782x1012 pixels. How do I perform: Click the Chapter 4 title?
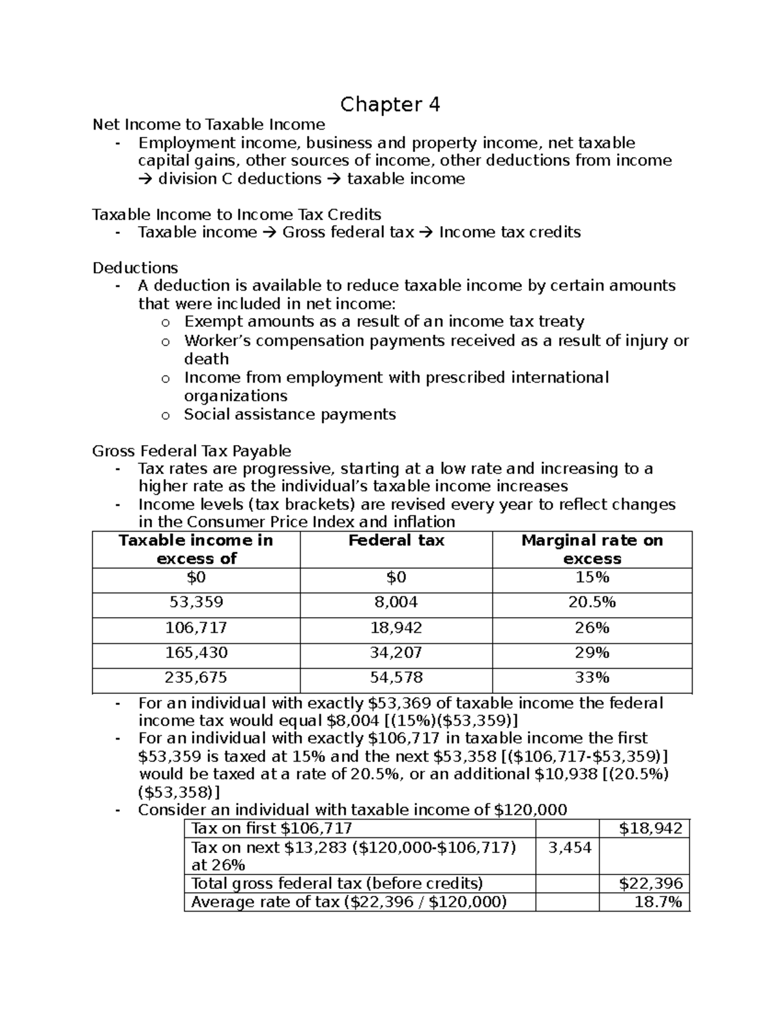(x=390, y=104)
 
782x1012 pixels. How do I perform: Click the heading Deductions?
(x=135, y=268)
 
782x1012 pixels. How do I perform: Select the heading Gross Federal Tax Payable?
(x=192, y=451)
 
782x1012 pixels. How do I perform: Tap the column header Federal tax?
(x=396, y=540)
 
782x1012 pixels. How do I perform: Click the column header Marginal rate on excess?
(x=592, y=549)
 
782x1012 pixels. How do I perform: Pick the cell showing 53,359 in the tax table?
(x=196, y=602)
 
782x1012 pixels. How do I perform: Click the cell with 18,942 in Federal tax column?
(x=396, y=628)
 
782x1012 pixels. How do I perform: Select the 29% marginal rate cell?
(x=592, y=652)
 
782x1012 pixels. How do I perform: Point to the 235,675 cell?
(x=196, y=677)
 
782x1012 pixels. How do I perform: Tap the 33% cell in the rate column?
(x=592, y=677)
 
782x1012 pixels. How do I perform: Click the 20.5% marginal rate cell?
(x=592, y=602)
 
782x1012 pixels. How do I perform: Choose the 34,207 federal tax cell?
(x=396, y=652)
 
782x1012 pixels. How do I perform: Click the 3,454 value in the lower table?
(x=570, y=847)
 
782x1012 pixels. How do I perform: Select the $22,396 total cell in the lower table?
(x=650, y=884)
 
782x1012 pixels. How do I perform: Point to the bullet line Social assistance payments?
(x=290, y=414)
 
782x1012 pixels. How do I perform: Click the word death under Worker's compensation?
(x=207, y=359)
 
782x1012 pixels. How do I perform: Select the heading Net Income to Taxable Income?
(x=209, y=124)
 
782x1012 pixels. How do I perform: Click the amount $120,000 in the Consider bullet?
(x=530, y=810)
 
